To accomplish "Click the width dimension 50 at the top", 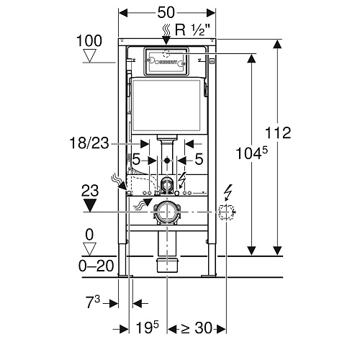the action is pos(166,12).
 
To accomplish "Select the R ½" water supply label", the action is pos(192,30).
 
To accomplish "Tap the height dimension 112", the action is pos(278,132).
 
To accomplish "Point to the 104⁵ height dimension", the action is pos(252,153).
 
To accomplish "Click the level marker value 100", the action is pos(89,41).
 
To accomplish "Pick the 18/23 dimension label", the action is pos(89,143).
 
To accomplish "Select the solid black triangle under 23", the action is pos(90,205).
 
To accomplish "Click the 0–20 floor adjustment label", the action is pos(96,266).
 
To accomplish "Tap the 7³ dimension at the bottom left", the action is pos(93,302).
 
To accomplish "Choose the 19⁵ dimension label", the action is pos(148,328).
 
